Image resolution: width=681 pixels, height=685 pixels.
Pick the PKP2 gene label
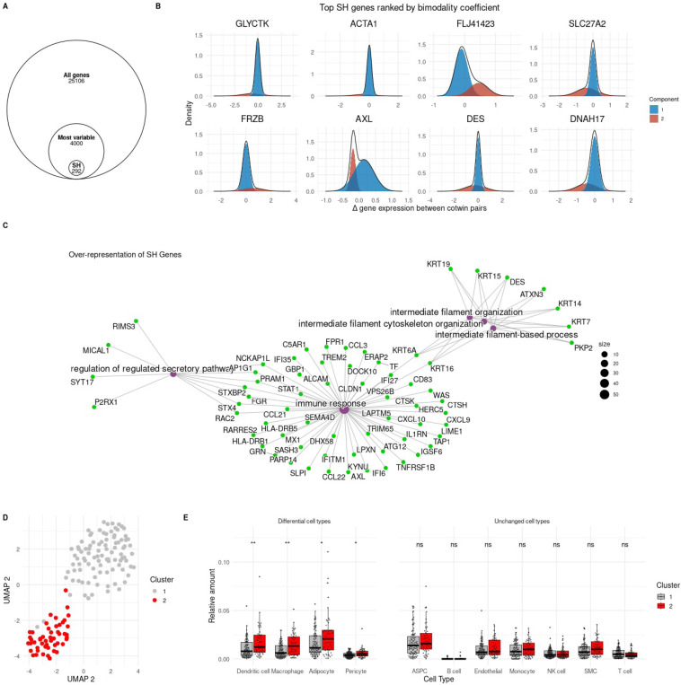(x=582, y=347)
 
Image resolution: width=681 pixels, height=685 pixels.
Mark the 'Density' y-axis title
(x=185, y=115)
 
